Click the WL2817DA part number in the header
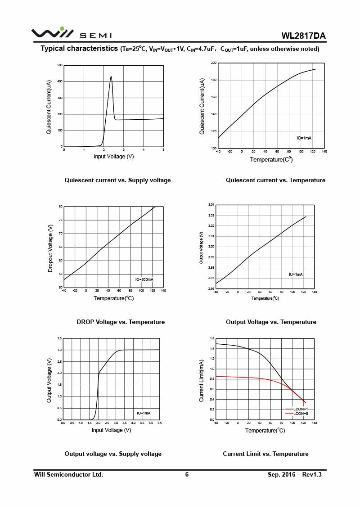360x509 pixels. (x=303, y=36)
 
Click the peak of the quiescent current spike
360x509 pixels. (x=111, y=77)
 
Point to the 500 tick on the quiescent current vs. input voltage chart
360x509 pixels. (x=60, y=66)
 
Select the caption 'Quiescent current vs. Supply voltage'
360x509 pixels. (x=117, y=180)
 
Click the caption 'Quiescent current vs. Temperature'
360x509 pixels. (x=275, y=180)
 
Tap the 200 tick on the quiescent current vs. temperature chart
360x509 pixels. (x=214, y=63)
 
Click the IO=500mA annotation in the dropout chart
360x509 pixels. (x=144, y=279)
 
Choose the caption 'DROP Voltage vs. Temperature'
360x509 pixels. (x=121, y=322)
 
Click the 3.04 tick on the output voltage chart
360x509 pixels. (x=211, y=205)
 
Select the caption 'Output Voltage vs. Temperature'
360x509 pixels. (x=271, y=322)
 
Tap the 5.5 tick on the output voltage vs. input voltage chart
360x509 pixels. (x=160, y=423)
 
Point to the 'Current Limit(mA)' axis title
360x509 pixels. (x=202, y=380)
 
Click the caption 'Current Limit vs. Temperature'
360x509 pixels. (x=265, y=454)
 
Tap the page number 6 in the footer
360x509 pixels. (x=187, y=474)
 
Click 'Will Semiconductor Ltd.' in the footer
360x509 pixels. (x=68, y=474)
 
